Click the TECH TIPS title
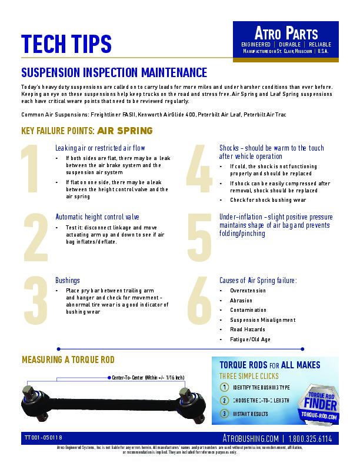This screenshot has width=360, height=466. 66,44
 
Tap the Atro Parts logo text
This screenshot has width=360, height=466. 286,33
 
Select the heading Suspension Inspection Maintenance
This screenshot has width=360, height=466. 114,73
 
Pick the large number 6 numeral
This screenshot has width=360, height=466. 199,302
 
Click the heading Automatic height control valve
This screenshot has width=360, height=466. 97,217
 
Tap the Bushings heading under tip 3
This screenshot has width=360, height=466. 68,281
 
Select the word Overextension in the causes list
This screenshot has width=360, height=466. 248,291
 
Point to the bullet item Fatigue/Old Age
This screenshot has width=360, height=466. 250,339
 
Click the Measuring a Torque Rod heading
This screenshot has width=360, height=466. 68,360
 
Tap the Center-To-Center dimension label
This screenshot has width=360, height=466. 148,377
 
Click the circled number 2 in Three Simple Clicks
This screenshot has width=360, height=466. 224,400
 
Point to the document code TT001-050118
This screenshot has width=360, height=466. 44,438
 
